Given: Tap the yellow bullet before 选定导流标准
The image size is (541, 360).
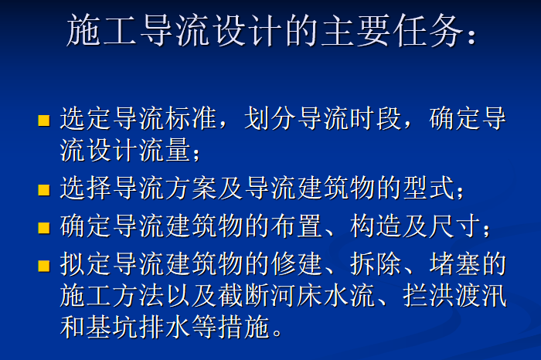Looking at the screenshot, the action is [x=44, y=121].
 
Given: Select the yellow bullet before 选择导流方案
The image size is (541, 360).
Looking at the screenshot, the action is [x=44, y=190].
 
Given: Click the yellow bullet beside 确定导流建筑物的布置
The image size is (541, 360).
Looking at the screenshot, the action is [x=44, y=228].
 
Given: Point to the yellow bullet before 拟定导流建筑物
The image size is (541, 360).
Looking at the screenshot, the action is [x=44, y=266].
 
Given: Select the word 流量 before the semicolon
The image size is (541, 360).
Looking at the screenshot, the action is [x=165, y=150].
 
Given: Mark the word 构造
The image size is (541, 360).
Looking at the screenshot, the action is [x=376, y=226].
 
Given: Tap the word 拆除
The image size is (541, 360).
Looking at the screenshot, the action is [x=376, y=264].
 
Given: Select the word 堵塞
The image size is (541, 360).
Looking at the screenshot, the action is [x=454, y=264].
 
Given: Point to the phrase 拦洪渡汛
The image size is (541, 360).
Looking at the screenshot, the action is [x=454, y=295].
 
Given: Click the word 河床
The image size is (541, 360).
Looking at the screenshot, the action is [x=296, y=295].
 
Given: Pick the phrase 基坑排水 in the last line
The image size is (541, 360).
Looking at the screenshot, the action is [x=138, y=326].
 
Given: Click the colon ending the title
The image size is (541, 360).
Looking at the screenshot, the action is [x=471, y=36].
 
